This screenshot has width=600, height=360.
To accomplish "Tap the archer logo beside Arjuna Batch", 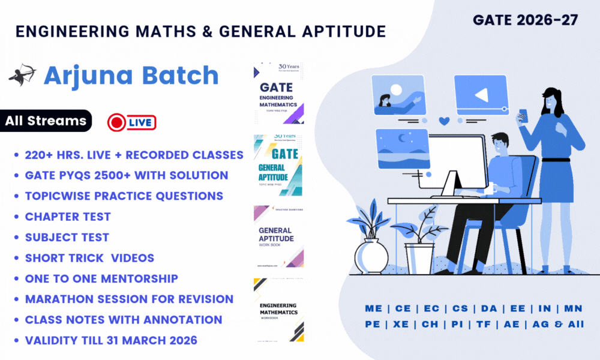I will pos(22,74).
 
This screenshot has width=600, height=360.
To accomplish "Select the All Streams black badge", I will pos(46,121).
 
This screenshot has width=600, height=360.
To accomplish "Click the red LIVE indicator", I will pos(131,122).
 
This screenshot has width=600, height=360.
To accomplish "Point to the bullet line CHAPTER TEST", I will pos(68,217).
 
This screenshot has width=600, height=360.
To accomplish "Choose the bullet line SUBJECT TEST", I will pos(67,237).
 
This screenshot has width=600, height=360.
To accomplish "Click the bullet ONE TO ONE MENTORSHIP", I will pos(101,278).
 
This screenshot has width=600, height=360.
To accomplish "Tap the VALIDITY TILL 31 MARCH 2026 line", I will pos(111,340).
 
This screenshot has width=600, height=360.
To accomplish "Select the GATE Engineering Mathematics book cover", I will pos(278,92).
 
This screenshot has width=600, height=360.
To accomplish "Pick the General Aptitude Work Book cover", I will pos(278,236).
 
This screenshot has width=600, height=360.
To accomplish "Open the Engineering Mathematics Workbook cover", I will pos(278,310).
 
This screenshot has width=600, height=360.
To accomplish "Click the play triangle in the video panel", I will pos(481,95).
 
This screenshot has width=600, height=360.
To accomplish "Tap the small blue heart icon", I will pos(444,121).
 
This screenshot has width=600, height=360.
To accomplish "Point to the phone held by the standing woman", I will pos(521,116).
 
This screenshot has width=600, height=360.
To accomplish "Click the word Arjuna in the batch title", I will pos(85,76).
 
